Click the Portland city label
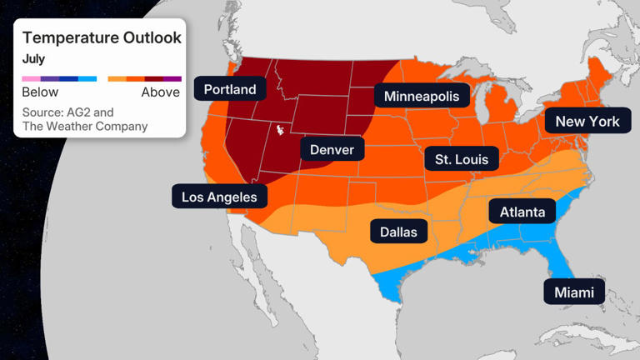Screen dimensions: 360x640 click(x=230, y=88)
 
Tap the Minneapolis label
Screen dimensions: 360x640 click(x=421, y=97)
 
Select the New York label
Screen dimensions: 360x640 click(x=587, y=122)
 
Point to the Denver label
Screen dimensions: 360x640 click(x=332, y=150)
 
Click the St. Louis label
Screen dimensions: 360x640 click(x=462, y=158)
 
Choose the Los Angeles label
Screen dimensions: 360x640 click(x=220, y=197)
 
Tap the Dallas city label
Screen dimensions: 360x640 click(x=398, y=232)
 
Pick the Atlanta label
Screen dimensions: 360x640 click(x=522, y=212)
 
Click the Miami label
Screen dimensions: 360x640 click(x=574, y=292)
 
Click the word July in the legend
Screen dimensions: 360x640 click(x=33, y=59)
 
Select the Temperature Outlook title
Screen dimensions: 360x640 click(x=102, y=37)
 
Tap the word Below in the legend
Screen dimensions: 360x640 click(x=40, y=92)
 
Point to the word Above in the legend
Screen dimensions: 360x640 click(x=161, y=92)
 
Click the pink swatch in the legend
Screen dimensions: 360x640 click(x=31, y=79)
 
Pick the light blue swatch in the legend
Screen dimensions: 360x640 click(x=87, y=79)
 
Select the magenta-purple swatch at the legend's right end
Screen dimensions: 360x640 click(x=172, y=79)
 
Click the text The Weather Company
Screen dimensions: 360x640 click(x=85, y=127)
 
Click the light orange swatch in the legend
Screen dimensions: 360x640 click(x=117, y=79)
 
